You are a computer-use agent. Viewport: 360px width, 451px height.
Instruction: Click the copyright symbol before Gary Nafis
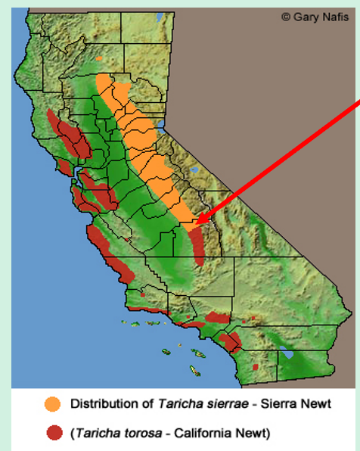(x=286, y=16)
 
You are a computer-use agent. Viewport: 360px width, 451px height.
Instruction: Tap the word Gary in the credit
(x=304, y=16)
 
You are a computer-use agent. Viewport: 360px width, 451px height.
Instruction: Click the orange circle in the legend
(x=53, y=404)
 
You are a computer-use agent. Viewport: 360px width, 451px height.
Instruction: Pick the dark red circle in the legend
(x=53, y=433)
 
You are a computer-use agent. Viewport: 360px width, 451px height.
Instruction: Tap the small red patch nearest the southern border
(x=255, y=365)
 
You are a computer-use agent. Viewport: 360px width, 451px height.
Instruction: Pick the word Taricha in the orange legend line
(x=166, y=404)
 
